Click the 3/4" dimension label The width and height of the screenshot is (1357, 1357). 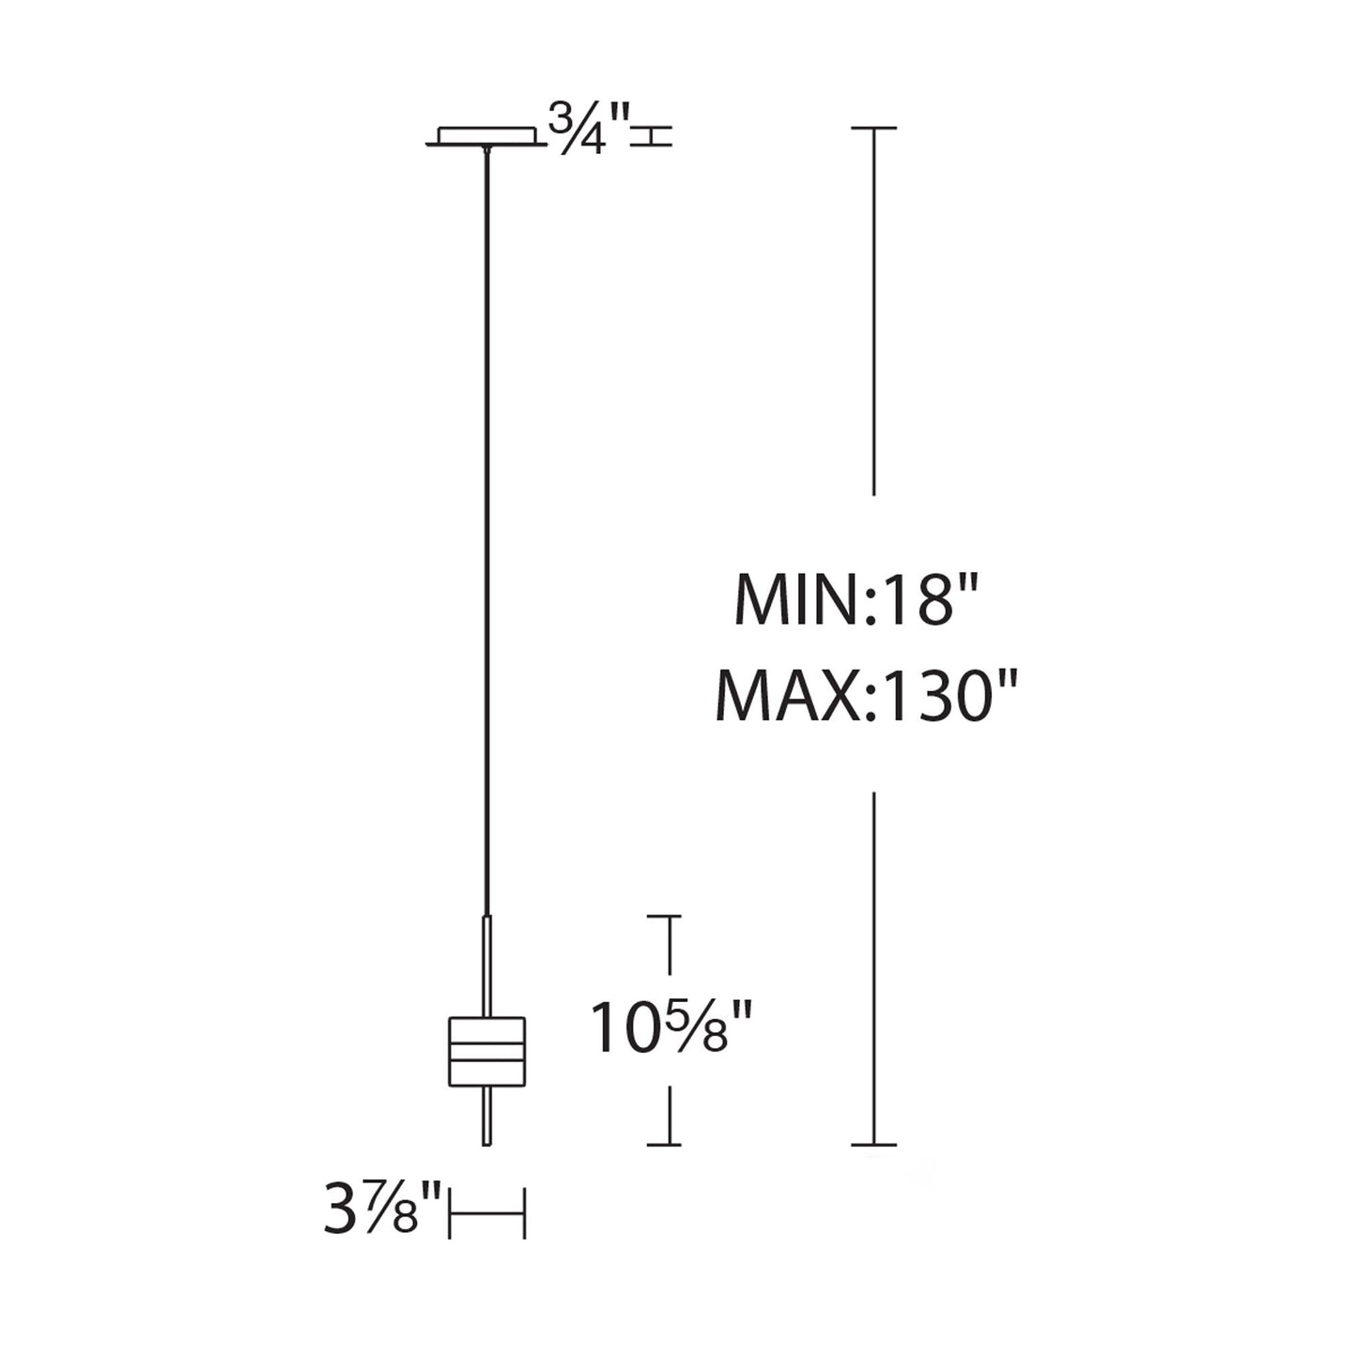[590, 129]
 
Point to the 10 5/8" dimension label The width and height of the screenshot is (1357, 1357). [672, 1028]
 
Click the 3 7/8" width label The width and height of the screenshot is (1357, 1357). [382, 1211]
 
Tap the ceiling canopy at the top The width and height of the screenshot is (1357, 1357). [486, 136]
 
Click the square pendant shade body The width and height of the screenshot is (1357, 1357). [486, 1053]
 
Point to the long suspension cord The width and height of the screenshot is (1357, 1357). [486, 526]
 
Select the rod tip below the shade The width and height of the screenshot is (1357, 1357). [486, 1118]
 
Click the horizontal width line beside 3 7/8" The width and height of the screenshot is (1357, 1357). [486, 1212]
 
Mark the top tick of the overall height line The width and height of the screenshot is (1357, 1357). [874, 127]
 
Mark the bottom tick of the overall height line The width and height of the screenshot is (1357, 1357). [874, 1145]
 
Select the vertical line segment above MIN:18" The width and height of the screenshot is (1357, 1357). [874, 310]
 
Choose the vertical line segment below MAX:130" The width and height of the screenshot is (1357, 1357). [874, 967]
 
